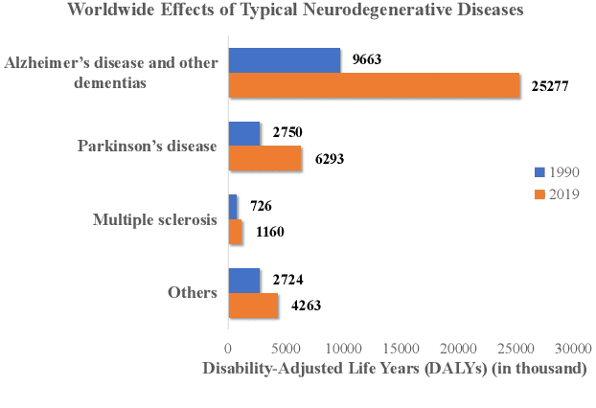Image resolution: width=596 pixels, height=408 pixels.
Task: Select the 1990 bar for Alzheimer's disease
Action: [x=284, y=60]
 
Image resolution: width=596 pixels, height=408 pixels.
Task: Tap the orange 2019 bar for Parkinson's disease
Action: [x=264, y=158]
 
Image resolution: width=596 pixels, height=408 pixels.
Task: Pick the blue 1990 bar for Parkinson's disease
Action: [x=243, y=134]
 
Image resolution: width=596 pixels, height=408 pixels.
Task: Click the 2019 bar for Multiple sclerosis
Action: [x=235, y=231]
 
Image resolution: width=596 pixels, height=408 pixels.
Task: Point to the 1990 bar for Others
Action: [x=243, y=281]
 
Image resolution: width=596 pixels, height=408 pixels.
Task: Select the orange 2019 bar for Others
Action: [x=253, y=305]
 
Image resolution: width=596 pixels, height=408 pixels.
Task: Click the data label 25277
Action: [x=551, y=86]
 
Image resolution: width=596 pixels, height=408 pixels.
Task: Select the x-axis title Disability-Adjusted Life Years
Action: [x=393, y=370]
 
